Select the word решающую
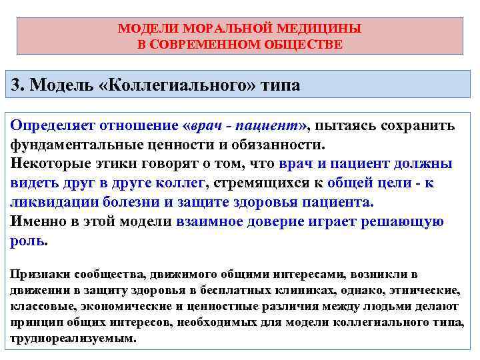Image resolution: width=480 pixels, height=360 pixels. (403, 222)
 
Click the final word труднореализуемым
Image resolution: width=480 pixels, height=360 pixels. (73, 338)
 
